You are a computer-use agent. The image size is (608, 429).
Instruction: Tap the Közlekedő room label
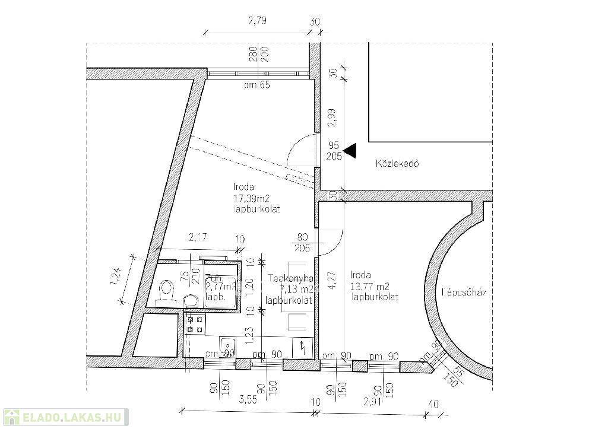coord(397,163)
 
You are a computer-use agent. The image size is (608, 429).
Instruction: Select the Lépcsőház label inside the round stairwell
coord(464,292)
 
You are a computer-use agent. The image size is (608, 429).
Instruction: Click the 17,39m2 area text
coord(254,198)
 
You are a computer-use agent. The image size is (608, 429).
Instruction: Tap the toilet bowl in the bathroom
coord(167,290)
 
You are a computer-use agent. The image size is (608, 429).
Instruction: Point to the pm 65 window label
coord(256,85)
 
